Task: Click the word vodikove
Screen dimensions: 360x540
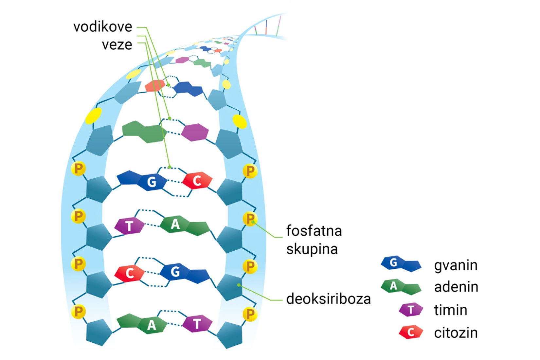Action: [102, 27]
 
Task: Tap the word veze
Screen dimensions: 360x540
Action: [117, 45]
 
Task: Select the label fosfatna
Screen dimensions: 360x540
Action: [314, 231]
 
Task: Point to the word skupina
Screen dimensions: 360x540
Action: [312, 249]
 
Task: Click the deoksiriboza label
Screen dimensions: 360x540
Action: [328, 299]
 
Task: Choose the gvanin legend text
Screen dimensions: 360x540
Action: [456, 265]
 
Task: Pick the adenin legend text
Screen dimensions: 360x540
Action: [456, 287]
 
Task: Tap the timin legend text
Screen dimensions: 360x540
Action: [450, 310]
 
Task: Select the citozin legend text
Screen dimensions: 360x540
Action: [456, 333]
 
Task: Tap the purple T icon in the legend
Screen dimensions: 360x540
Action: [411, 309]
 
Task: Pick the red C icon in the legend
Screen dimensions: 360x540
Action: [411, 333]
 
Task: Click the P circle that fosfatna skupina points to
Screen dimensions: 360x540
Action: [250, 219]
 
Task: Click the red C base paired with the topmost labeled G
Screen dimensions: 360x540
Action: [197, 180]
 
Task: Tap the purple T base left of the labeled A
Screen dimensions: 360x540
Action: [129, 226]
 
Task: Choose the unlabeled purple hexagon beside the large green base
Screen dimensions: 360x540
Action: [195, 132]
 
